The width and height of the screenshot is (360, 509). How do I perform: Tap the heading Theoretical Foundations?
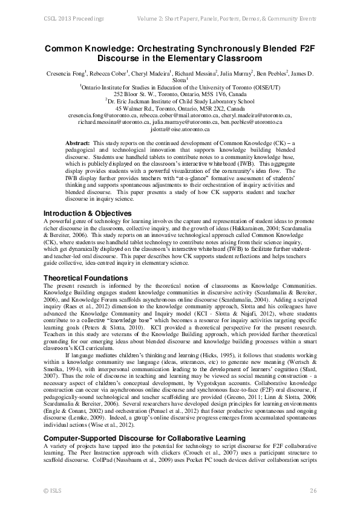click(85, 278)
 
